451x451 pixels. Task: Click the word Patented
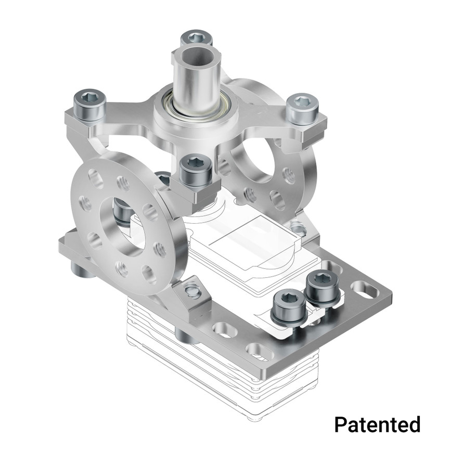pos(377,424)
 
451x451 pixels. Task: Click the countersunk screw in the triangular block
pos(193,291)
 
